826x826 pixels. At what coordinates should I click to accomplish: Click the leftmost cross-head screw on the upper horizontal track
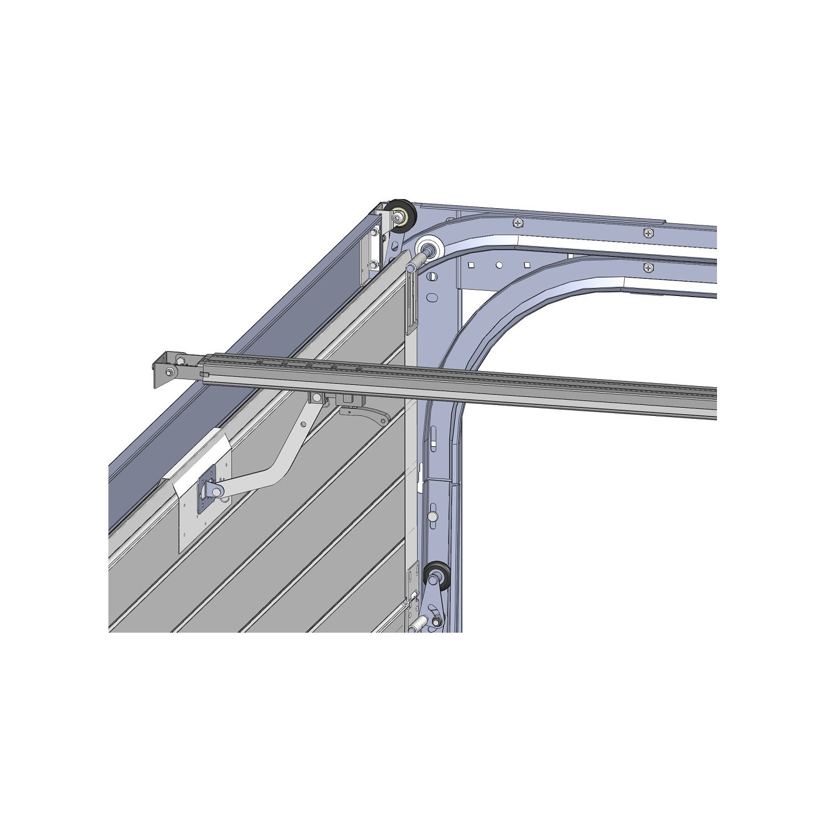click(518, 223)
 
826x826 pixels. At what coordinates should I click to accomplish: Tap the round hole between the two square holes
click(498, 266)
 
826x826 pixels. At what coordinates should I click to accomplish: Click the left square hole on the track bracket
click(470, 266)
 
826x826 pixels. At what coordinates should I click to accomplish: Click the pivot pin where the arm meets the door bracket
click(216, 489)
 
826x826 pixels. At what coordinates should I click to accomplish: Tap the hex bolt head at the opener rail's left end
click(181, 360)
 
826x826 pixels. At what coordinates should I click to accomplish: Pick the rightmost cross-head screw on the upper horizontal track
click(648, 232)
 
